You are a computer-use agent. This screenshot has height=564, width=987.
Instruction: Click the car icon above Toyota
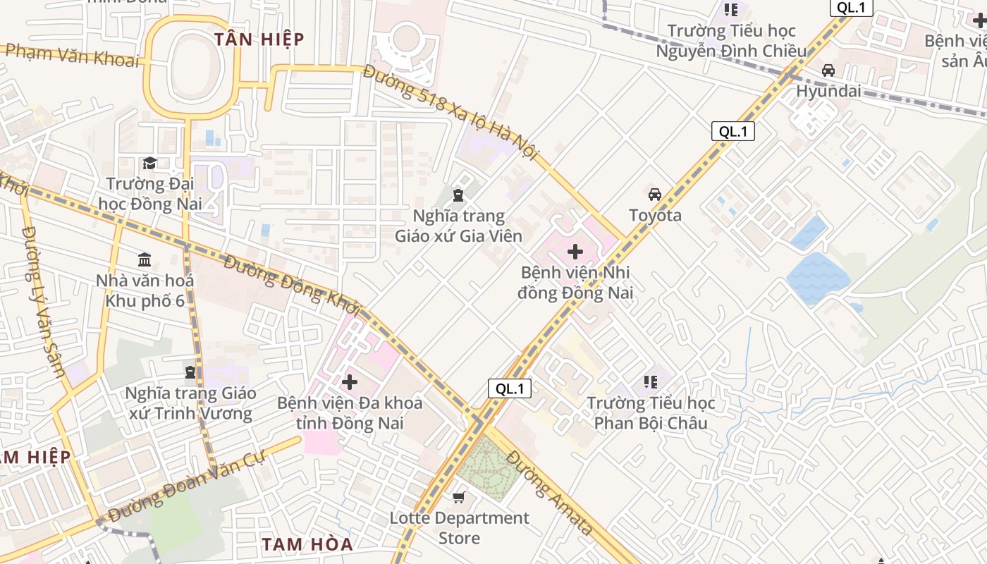[x=655, y=195]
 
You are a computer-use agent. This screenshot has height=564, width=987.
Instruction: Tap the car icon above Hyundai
[x=828, y=70]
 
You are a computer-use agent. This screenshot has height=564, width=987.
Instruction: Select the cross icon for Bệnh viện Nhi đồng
[x=575, y=252]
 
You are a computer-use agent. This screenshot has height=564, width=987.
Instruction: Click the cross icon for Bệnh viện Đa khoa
[x=350, y=382]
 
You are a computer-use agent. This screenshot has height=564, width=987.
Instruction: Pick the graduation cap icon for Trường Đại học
[x=149, y=164]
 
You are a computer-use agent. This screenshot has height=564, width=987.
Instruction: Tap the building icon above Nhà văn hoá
[x=145, y=259]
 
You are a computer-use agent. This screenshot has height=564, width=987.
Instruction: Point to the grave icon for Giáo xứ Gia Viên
[x=458, y=195]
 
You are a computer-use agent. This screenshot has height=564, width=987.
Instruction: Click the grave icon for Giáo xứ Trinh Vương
[x=190, y=372]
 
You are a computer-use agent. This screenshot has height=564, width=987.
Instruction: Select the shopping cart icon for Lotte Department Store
[x=459, y=498]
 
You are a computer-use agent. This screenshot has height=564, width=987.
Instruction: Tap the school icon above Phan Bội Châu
[x=651, y=382]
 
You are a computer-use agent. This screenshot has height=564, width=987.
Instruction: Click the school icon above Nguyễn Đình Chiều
[x=731, y=10]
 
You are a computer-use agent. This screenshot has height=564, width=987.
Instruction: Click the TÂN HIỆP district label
[x=259, y=39]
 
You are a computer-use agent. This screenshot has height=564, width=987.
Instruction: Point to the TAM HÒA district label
[x=307, y=544]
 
